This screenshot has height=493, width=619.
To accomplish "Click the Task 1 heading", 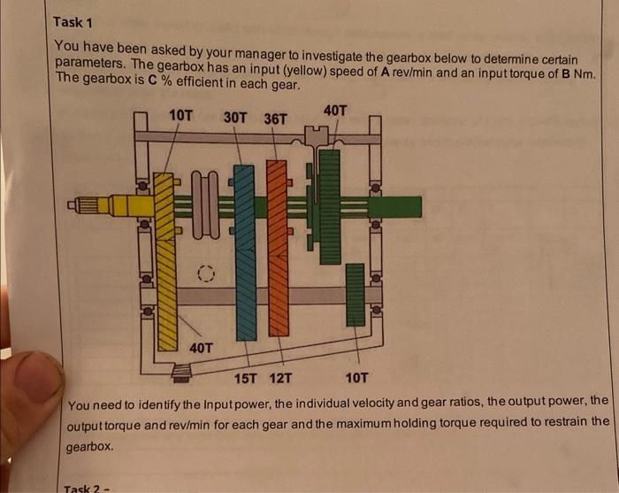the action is coord(73,22).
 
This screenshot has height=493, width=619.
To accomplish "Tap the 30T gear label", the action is coord(235,118).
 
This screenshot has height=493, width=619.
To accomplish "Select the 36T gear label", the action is coord(275,119).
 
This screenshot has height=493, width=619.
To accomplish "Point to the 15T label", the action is coord(245,379).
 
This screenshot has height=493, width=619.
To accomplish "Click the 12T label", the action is coord(280,379).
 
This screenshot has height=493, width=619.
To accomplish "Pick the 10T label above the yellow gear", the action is coord(180,115).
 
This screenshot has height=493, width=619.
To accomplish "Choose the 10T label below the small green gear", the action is coord(356,378).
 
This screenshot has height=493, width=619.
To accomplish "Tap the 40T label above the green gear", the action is coord(335,111).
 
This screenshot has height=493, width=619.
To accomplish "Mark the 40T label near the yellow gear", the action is coord(201,348).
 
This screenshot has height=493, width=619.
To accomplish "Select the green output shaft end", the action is coord(396,207).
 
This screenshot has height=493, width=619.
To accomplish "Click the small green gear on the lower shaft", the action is coord(355,295).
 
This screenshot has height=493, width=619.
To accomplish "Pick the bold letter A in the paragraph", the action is coord(386,72).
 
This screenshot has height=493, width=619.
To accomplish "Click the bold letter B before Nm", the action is coord(566,73).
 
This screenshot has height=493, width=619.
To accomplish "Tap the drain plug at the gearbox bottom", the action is coord(181,374).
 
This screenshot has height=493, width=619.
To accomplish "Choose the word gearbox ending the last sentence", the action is coord(89,447).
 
